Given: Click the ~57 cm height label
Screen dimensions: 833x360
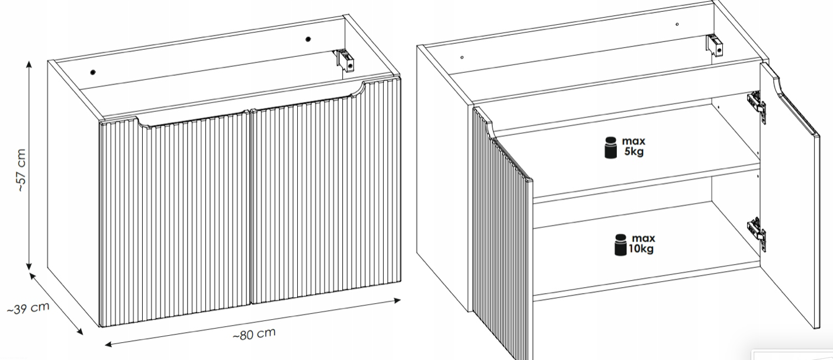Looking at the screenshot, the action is [x=21, y=171].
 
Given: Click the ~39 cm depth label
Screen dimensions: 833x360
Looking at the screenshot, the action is [x=28, y=308].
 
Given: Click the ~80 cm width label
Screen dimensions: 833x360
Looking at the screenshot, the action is [x=255, y=334].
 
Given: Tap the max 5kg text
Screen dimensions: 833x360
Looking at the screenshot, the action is [x=633, y=146].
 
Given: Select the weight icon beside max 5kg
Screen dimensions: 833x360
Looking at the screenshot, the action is [x=611, y=147].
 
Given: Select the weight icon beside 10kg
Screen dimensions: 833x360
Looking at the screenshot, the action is [x=620, y=245].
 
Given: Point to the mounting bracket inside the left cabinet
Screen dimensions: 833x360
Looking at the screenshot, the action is [x=346, y=60].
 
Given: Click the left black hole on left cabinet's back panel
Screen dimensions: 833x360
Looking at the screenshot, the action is [x=92, y=72].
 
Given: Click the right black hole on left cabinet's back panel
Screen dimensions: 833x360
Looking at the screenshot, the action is [x=308, y=39].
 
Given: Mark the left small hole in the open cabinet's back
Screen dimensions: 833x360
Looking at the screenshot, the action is [x=462, y=57].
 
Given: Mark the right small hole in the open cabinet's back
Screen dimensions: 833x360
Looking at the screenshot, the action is [x=677, y=24].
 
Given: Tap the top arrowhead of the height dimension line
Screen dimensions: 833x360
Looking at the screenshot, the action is [x=29, y=64].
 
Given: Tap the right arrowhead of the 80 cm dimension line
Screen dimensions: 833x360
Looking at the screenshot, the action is [x=397, y=300].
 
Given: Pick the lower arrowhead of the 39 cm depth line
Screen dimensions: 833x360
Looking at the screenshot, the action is [x=79, y=331].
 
